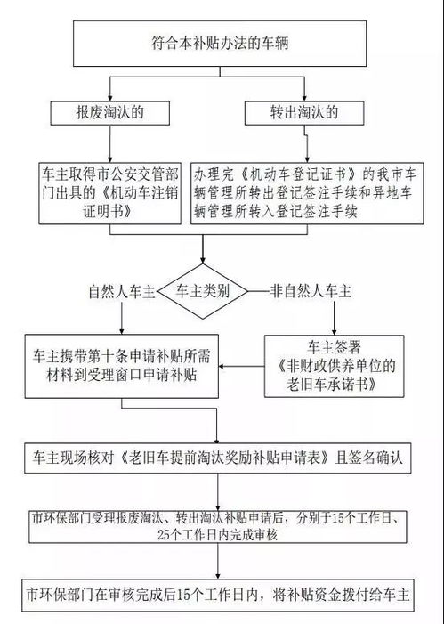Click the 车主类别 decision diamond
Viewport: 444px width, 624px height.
point(206,291)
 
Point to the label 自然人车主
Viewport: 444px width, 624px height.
point(122,291)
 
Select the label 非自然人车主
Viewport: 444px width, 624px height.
point(308,291)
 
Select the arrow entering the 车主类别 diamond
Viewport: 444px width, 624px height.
point(206,250)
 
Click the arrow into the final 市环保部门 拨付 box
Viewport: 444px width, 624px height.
point(216,570)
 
